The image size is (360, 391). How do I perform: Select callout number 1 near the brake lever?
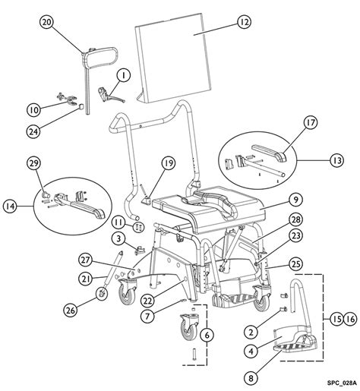tap(122, 75)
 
